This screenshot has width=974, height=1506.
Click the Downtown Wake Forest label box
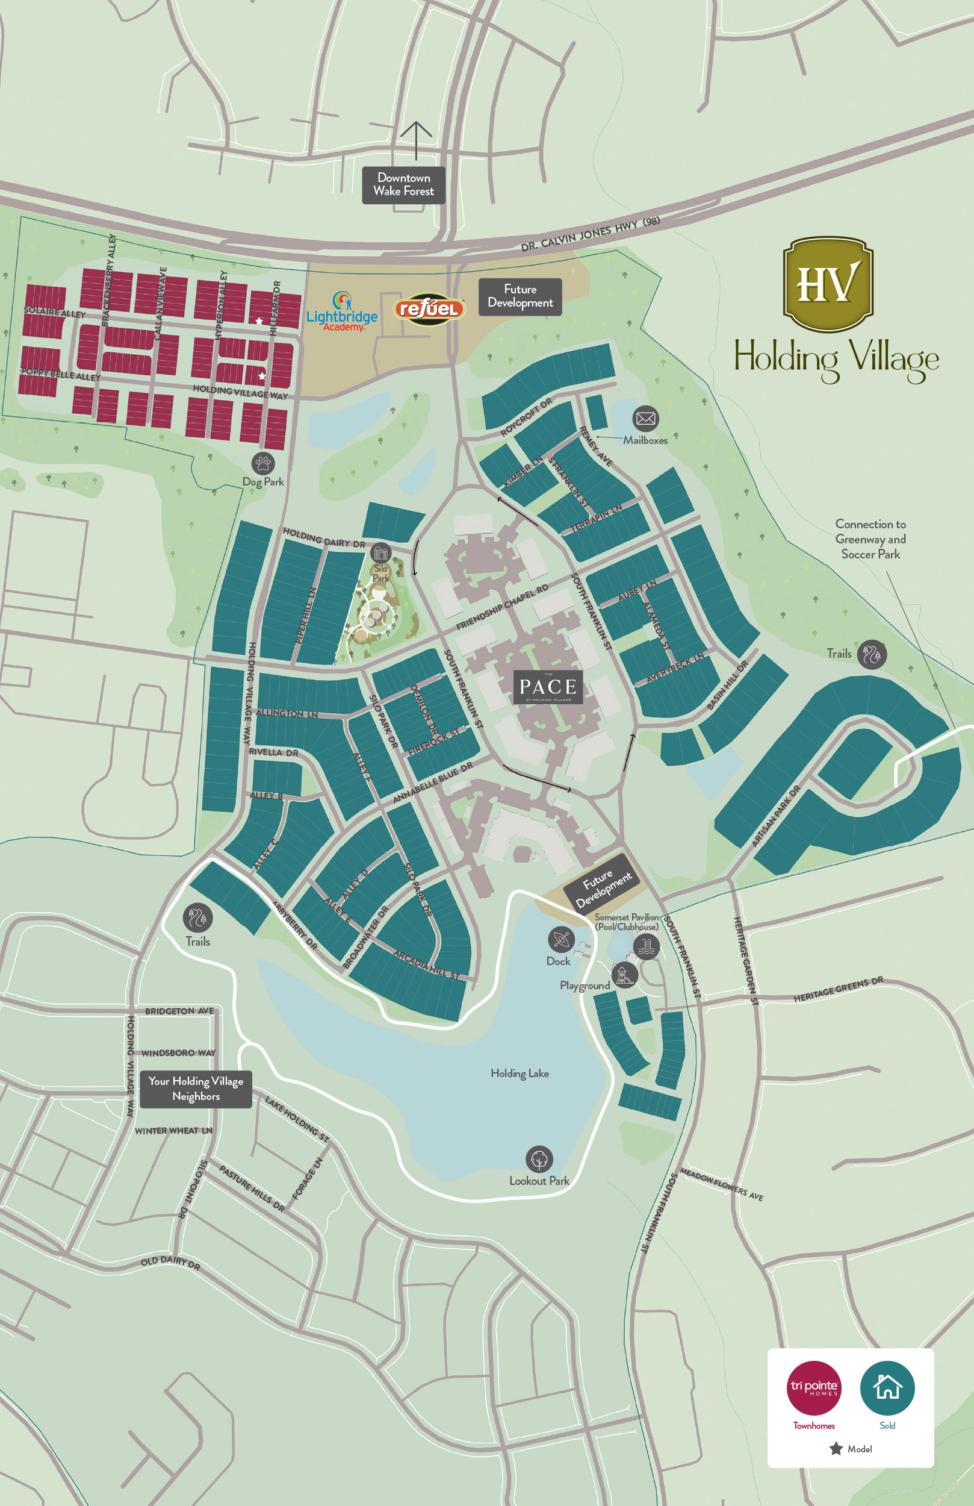tap(403, 185)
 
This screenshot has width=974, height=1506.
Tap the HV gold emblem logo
tap(828, 284)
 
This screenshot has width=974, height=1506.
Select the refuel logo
tap(429, 309)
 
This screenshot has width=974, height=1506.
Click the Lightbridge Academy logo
tap(342, 311)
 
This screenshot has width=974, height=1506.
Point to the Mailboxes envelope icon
tap(645, 418)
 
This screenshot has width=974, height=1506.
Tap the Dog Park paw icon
tap(263, 463)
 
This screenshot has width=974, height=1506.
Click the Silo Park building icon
tap(380, 553)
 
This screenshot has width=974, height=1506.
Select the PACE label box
tap(548, 687)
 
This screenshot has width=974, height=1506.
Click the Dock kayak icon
tap(561, 940)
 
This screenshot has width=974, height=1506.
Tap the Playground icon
tap(624, 975)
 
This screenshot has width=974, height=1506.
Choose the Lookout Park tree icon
tap(539, 1159)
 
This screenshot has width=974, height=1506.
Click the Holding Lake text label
tap(520, 1073)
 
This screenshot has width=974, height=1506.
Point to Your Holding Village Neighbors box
tap(196, 1089)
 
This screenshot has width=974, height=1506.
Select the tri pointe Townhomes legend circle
tap(813, 1388)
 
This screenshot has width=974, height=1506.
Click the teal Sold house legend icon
tap(887, 1388)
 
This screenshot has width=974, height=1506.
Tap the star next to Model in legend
tap(836, 1448)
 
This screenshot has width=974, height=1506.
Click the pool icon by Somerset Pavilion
tap(646, 946)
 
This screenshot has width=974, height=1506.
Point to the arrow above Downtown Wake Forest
tap(416, 140)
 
